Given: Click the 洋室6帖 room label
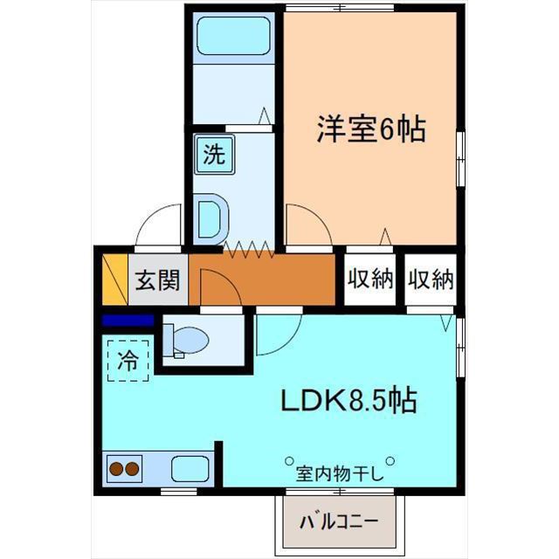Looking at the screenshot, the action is pyautogui.click(x=371, y=128).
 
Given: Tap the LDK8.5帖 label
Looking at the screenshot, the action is pyautogui.click(x=349, y=400).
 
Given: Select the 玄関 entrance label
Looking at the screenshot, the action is pyautogui.click(x=157, y=279).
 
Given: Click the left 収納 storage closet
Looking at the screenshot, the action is pyautogui.click(x=370, y=279).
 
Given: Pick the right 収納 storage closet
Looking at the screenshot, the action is pyautogui.click(x=431, y=279).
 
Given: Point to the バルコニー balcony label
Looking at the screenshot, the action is pyautogui.click(x=339, y=522).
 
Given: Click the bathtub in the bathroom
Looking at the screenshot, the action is pyautogui.click(x=234, y=36).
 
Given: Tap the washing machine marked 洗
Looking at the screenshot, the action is pyautogui.click(x=214, y=155).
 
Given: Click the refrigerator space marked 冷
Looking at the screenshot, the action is pyautogui.click(x=128, y=361).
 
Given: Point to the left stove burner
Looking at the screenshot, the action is pyautogui.click(x=116, y=469).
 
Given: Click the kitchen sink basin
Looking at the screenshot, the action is pyautogui.click(x=190, y=469).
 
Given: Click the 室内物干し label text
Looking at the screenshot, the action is pyautogui.click(x=340, y=473).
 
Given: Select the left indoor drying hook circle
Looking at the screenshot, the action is pyautogui.click(x=289, y=461).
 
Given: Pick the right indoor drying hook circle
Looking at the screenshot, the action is pyautogui.click(x=390, y=461).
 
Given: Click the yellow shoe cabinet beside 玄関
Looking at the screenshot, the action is pyautogui.click(x=114, y=279).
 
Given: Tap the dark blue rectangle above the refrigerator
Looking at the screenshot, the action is pyautogui.click(x=128, y=321).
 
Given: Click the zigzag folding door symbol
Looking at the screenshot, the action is pyautogui.click(x=248, y=249).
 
